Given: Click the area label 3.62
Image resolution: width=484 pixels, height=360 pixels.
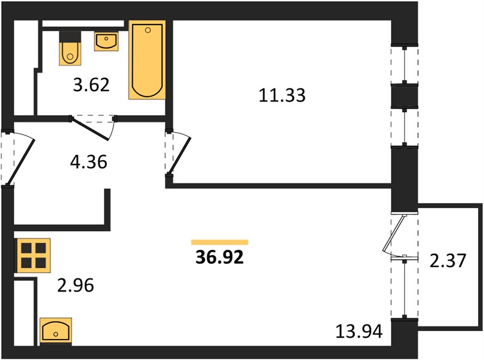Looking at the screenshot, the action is (91, 85).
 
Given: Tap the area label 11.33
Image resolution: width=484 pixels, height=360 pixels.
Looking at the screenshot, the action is (282, 95).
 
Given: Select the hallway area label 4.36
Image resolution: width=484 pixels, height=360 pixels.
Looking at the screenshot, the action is (89, 161).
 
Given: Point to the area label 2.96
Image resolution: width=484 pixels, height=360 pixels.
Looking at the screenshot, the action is (76, 286).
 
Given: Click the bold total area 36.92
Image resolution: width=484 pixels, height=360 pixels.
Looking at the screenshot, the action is (220, 257).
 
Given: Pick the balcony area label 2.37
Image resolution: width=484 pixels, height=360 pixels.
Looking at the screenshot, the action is (447, 260).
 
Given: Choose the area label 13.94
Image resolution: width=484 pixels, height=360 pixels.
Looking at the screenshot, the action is (359, 332).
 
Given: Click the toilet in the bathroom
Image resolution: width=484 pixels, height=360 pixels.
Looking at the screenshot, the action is (70, 53).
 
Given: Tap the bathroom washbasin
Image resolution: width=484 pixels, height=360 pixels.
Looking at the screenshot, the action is (106, 41).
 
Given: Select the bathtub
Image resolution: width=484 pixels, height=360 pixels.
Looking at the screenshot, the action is (147, 60).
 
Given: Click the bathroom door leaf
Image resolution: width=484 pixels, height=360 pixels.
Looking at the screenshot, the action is (90, 129).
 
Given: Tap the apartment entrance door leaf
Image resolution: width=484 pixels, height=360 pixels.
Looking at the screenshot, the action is (20, 162).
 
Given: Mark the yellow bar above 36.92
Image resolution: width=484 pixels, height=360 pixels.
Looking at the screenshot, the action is (219, 242).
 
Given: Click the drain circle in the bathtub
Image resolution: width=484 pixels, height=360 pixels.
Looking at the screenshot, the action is (148, 30).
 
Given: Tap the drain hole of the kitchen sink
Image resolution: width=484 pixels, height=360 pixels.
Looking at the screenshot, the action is (56, 334).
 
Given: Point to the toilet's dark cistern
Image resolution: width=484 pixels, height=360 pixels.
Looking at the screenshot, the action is (70, 37).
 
